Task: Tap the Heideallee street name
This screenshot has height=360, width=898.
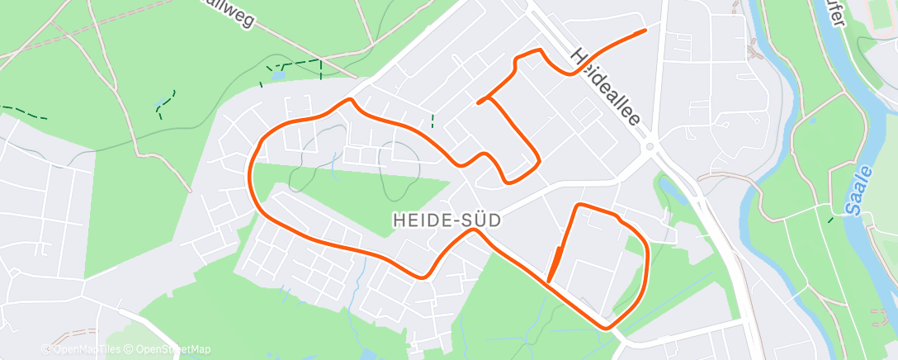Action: tap(607, 86)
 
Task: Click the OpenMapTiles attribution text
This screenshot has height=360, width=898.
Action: tap(87, 349)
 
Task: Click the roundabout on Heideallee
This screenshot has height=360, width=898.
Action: tap(650, 147)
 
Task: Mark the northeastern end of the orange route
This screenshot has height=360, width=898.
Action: tap(643, 31)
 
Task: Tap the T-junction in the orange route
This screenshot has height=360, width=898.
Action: tap(490, 98)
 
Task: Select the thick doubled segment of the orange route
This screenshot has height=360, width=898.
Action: tap(555, 264)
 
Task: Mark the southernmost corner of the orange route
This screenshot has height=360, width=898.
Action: tap(608, 327)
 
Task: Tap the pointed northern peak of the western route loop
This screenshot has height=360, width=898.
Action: tap(351, 101)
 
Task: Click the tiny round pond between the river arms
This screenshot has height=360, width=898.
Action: tap(814, 121)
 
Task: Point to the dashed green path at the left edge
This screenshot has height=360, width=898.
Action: tap(23, 112)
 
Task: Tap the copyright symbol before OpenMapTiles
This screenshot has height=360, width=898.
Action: tap(46, 349)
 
